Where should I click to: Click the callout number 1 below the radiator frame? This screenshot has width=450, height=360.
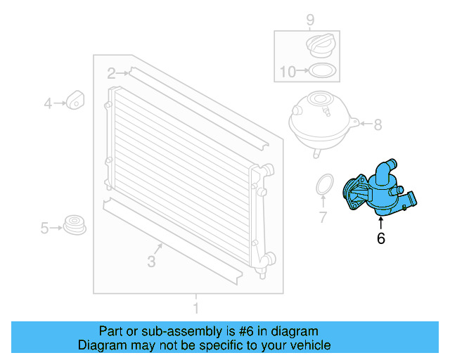pyautogui.click(x=196, y=308)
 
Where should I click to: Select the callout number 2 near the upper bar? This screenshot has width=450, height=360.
pyautogui.click(x=111, y=72)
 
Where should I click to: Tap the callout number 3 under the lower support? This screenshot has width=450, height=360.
pyautogui.click(x=151, y=262)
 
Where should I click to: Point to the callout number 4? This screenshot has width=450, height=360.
pyautogui.click(x=48, y=104)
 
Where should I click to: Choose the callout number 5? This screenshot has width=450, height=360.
pyautogui.click(x=44, y=228)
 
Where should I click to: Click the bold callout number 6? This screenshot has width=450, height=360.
pyautogui.click(x=381, y=238)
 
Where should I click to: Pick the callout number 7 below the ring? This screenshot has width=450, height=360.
pyautogui.click(x=323, y=218)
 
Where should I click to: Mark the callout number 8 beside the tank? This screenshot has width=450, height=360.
pyautogui.click(x=378, y=126)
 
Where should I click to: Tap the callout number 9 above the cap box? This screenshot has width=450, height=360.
pyautogui.click(x=309, y=20)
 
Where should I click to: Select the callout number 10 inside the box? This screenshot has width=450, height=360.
pyautogui.click(x=288, y=71)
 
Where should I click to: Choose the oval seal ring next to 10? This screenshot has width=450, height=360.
pyautogui.click(x=322, y=70)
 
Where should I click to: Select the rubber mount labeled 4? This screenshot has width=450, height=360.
pyautogui.click(x=75, y=100)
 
